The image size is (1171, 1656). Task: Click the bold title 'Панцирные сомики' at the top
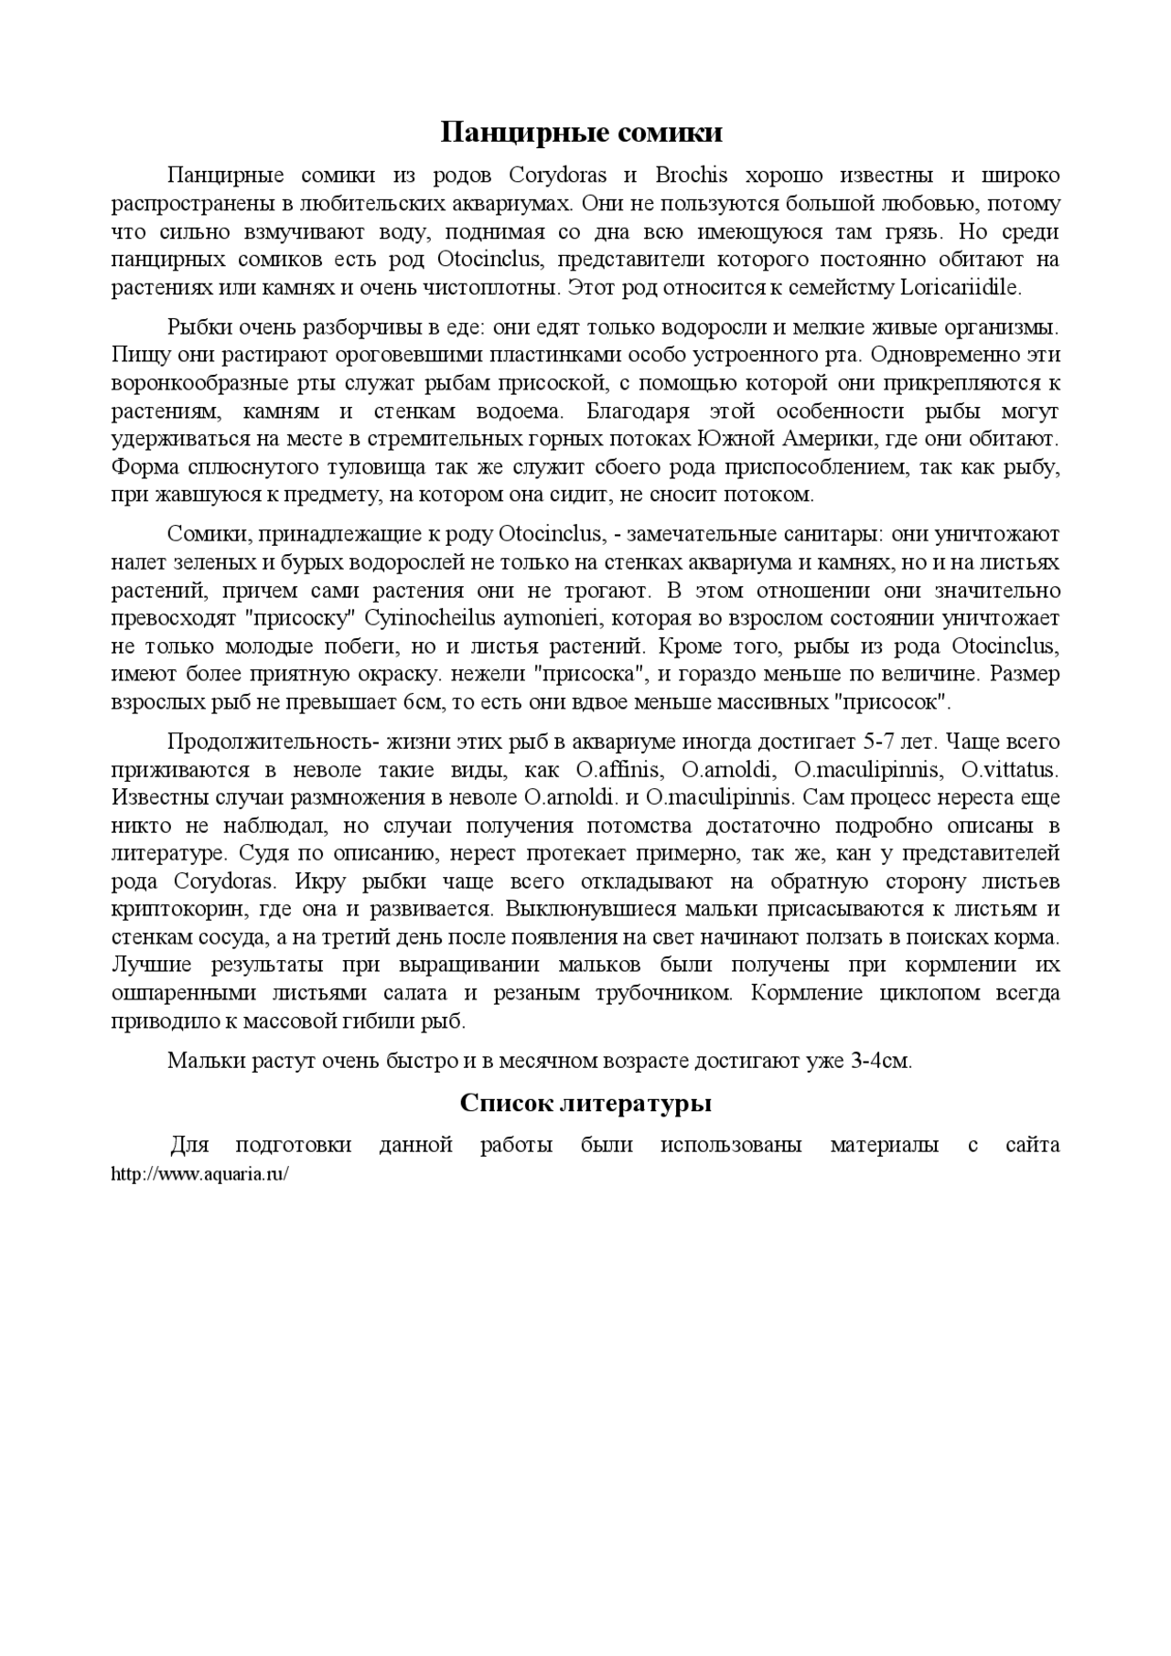[581, 134]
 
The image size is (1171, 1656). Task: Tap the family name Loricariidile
[960, 287]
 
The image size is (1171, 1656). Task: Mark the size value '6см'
[420, 703]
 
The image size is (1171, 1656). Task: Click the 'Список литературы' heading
[585, 1104]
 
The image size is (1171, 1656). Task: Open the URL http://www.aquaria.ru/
[199, 1174]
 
